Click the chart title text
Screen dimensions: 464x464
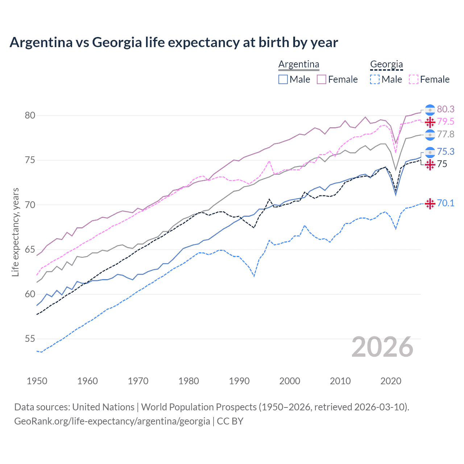point(174,42)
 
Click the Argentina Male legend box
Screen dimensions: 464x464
point(283,79)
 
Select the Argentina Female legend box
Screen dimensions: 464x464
point(322,79)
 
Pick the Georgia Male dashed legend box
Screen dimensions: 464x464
point(375,79)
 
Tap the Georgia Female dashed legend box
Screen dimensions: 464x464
point(414,79)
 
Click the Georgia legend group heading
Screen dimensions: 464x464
point(386,65)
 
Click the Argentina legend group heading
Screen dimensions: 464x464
point(299,65)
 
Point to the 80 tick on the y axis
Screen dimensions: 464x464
point(30,116)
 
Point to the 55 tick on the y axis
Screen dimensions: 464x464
point(30,339)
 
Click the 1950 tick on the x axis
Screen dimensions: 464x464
point(37,381)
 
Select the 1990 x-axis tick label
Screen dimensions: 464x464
point(239,381)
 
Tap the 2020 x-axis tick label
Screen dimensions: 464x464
point(391,381)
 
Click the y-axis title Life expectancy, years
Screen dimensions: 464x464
point(16,232)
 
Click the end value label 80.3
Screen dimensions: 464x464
point(446,109)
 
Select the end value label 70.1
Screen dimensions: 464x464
point(446,203)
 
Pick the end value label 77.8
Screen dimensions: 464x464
point(446,134)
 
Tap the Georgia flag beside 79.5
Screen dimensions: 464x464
point(430,122)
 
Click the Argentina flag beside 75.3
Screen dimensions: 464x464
point(430,152)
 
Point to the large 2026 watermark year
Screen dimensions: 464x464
point(382,347)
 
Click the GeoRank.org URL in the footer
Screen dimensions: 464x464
point(112,421)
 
